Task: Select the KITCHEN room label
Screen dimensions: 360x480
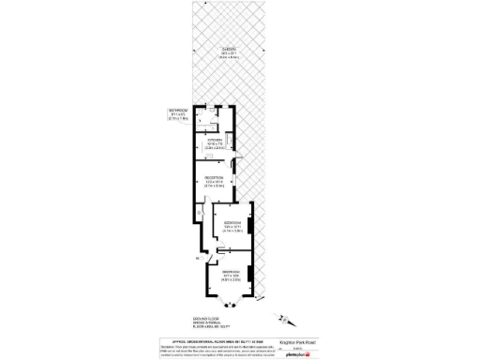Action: (x=215, y=141)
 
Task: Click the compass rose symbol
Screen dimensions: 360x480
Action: (x=285, y=319)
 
